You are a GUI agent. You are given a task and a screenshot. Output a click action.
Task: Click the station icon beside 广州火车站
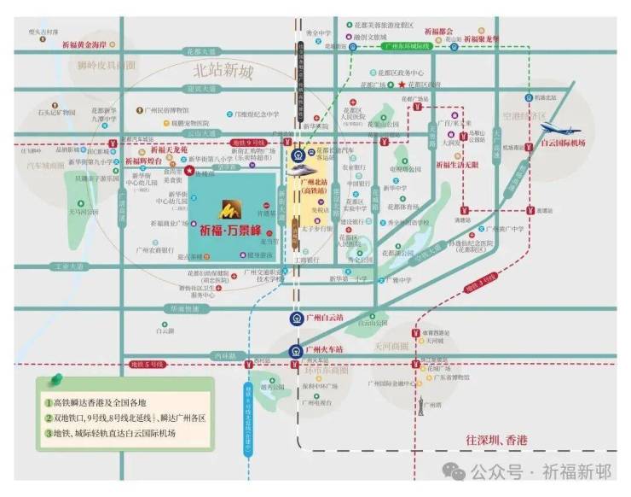tap(294, 349)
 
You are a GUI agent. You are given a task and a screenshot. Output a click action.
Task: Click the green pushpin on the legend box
tap(57, 377)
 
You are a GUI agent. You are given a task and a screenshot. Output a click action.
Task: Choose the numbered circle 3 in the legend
tap(49, 434)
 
